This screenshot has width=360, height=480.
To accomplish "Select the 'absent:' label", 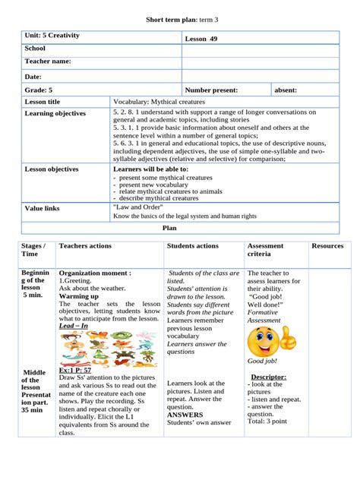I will click(x=286, y=90).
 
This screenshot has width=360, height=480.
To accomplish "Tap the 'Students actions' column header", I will click(x=192, y=246).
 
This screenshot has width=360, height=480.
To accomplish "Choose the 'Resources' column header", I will click(x=327, y=246).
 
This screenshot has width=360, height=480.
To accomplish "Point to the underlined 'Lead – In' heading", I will click(x=74, y=325).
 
